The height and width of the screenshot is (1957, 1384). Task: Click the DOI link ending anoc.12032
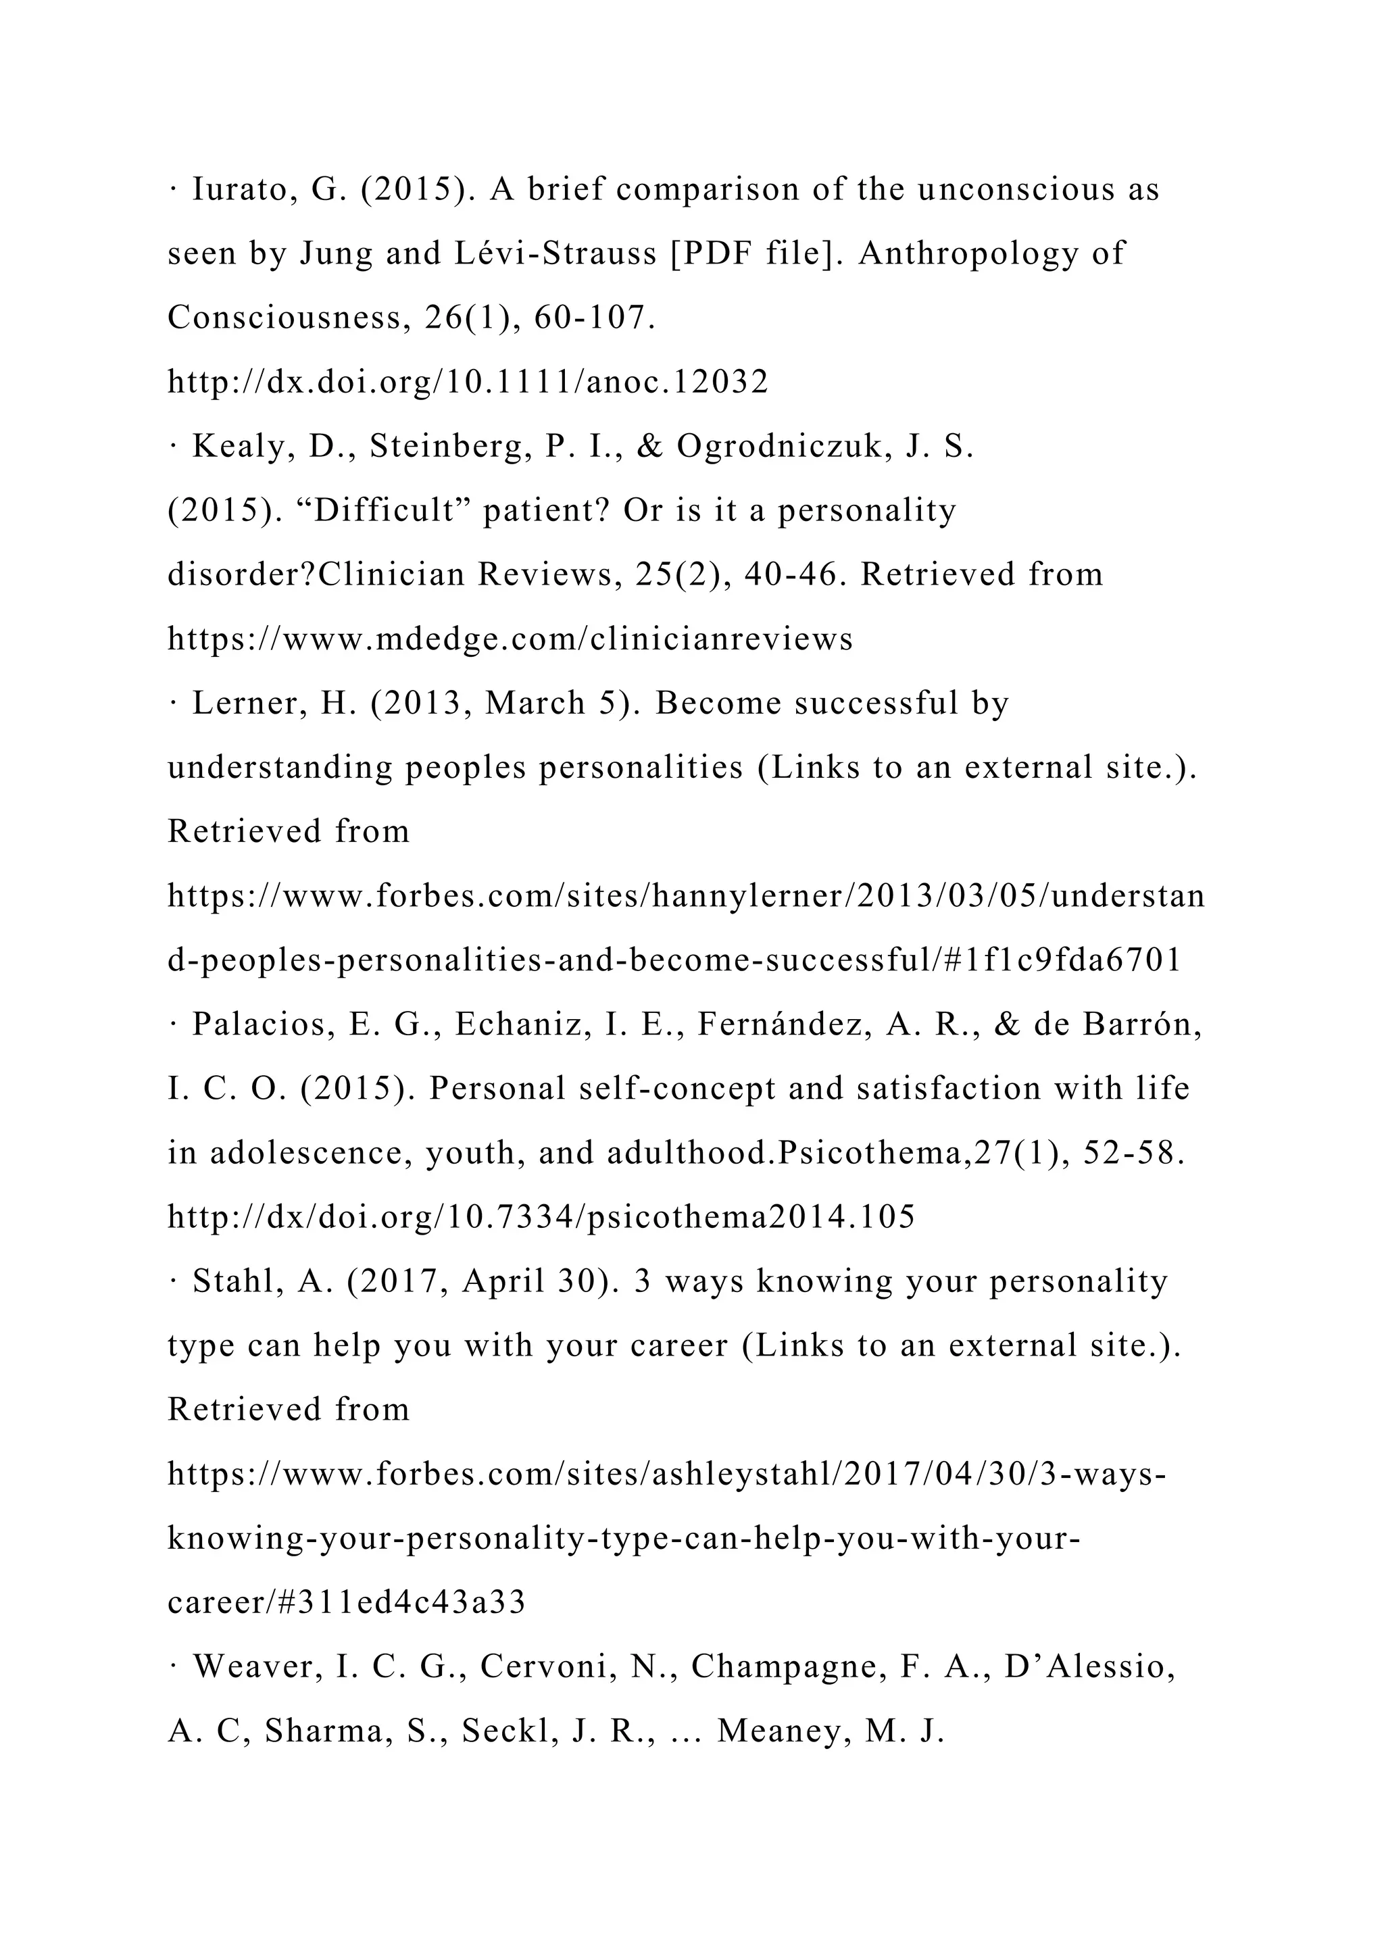(x=468, y=382)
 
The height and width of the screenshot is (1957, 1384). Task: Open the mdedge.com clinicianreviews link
(x=510, y=639)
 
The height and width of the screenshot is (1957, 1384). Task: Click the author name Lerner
(x=249, y=703)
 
